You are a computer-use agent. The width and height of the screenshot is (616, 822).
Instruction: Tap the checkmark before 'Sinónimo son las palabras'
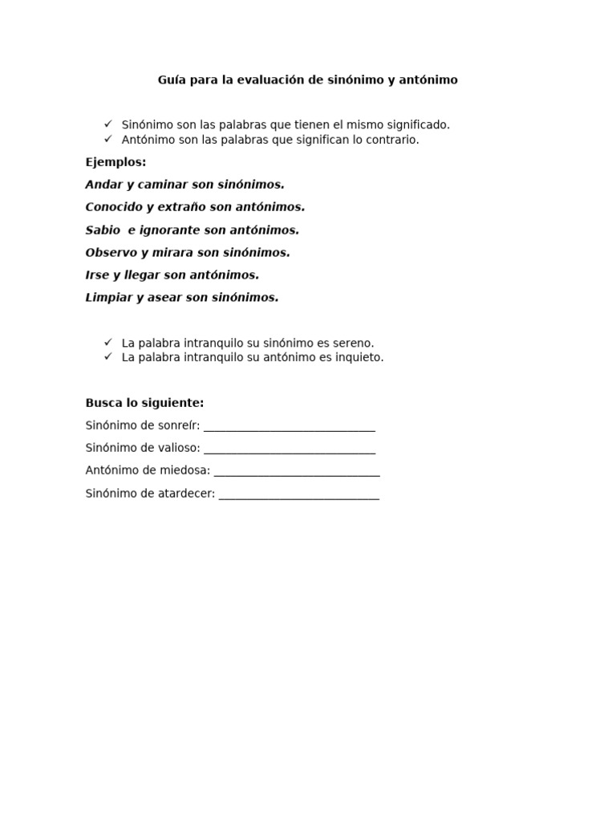tap(108, 124)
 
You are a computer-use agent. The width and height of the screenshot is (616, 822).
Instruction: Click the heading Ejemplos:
tap(115, 162)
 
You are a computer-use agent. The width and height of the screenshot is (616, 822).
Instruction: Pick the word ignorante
tap(170, 230)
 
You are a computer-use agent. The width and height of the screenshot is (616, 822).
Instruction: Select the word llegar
tap(142, 275)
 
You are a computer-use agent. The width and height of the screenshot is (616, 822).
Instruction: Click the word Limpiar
tap(109, 297)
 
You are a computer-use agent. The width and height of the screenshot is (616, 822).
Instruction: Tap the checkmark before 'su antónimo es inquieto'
tap(108, 356)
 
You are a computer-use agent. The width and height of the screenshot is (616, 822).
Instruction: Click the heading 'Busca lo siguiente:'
tap(144, 403)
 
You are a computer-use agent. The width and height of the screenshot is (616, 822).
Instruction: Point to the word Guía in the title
tap(171, 80)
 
